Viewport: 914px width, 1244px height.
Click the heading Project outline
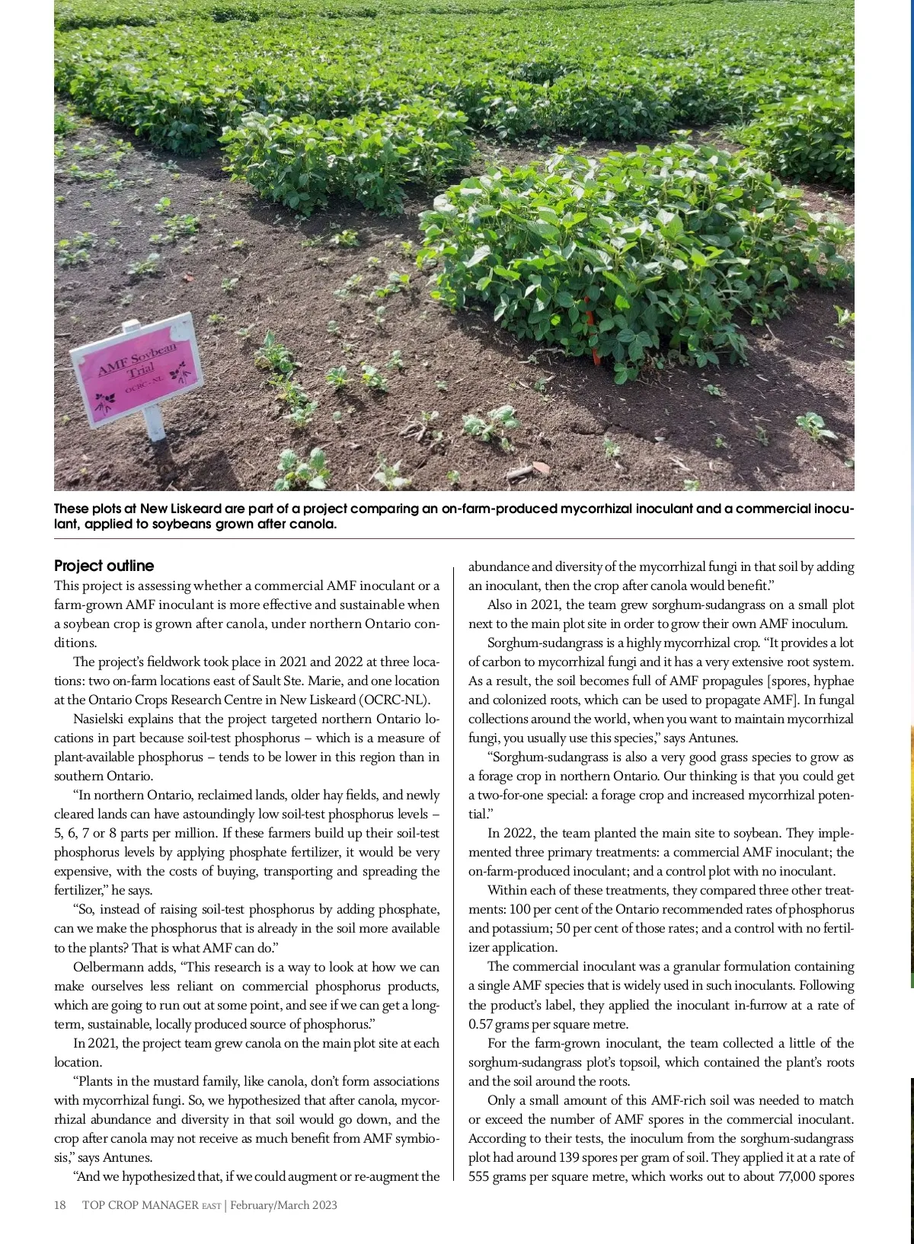tap(104, 566)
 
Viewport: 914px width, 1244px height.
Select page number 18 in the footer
tap(60, 1205)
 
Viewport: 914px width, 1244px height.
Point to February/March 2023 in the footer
tap(283, 1205)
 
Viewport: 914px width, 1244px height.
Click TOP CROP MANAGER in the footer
tap(140, 1205)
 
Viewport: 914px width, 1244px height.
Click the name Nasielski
tap(100, 719)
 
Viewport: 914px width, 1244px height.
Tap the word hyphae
tap(833, 681)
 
